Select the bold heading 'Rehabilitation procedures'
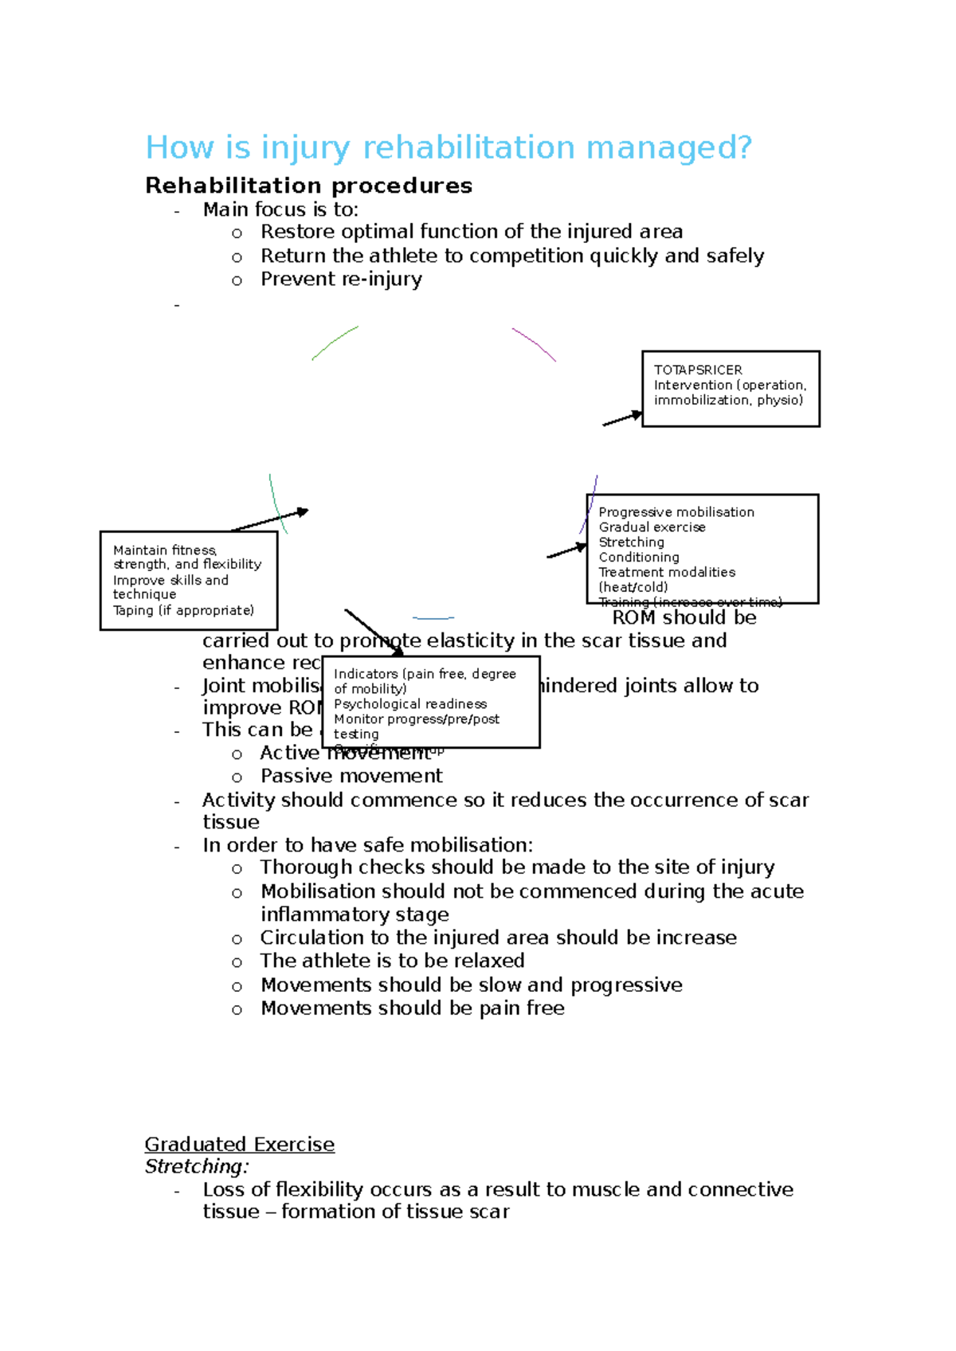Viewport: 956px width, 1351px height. point(308,186)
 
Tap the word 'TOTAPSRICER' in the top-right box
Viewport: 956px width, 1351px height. point(698,370)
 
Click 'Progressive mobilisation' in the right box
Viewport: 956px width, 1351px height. point(676,512)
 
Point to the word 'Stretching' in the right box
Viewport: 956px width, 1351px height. point(632,542)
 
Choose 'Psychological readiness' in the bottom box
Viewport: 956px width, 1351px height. point(410,704)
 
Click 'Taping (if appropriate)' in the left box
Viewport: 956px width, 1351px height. point(183,610)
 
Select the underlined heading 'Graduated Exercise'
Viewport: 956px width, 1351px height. point(239,1144)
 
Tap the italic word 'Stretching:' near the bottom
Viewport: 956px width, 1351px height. point(197,1166)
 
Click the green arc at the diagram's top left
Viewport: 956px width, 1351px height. point(334,342)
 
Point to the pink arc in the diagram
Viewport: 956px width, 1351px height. point(535,343)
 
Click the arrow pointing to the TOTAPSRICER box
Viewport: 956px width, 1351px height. point(621,419)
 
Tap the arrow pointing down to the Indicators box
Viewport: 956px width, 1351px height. point(374,632)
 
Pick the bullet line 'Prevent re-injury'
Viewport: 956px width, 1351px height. point(341,280)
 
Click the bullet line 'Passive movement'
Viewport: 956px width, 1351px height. point(351,776)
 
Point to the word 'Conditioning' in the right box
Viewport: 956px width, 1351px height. point(639,558)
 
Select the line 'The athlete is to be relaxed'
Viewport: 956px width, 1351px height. point(392,961)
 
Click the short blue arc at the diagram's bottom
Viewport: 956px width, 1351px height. point(433,617)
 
